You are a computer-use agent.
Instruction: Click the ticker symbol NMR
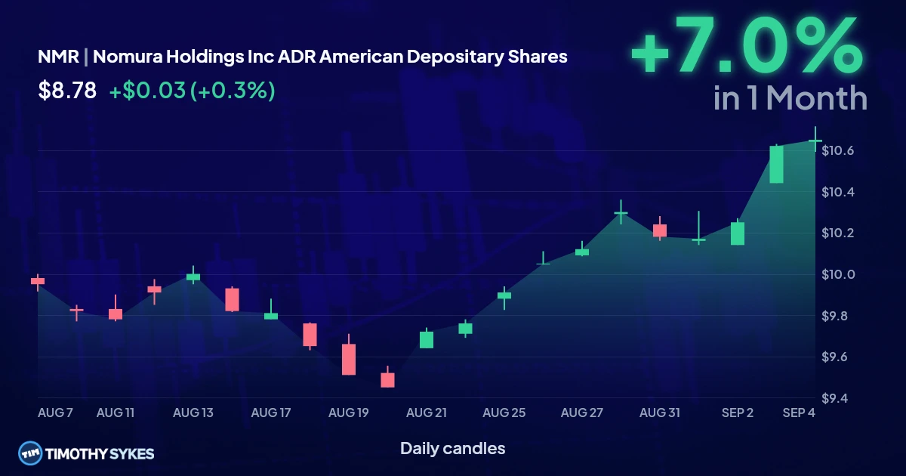[58, 57]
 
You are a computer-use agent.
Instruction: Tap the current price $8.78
[67, 90]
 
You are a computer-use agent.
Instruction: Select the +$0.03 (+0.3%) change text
[192, 90]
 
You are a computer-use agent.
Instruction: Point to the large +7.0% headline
[747, 45]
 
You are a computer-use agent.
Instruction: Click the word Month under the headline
[817, 98]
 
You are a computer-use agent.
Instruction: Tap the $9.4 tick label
[834, 398]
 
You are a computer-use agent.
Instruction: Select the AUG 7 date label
[55, 413]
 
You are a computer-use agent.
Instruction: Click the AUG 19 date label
[348, 413]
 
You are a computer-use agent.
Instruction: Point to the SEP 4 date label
[799, 413]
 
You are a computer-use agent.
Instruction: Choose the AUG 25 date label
[504, 413]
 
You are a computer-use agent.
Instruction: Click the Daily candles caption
[452, 449]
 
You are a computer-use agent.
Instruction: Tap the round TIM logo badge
[30, 453]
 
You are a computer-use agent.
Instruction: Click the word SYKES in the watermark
[131, 454]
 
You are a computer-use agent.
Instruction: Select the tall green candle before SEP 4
[776, 165]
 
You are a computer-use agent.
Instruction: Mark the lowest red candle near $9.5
[387, 379]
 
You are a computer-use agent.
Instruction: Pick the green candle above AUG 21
[427, 339]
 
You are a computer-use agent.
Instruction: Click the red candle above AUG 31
[660, 230]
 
